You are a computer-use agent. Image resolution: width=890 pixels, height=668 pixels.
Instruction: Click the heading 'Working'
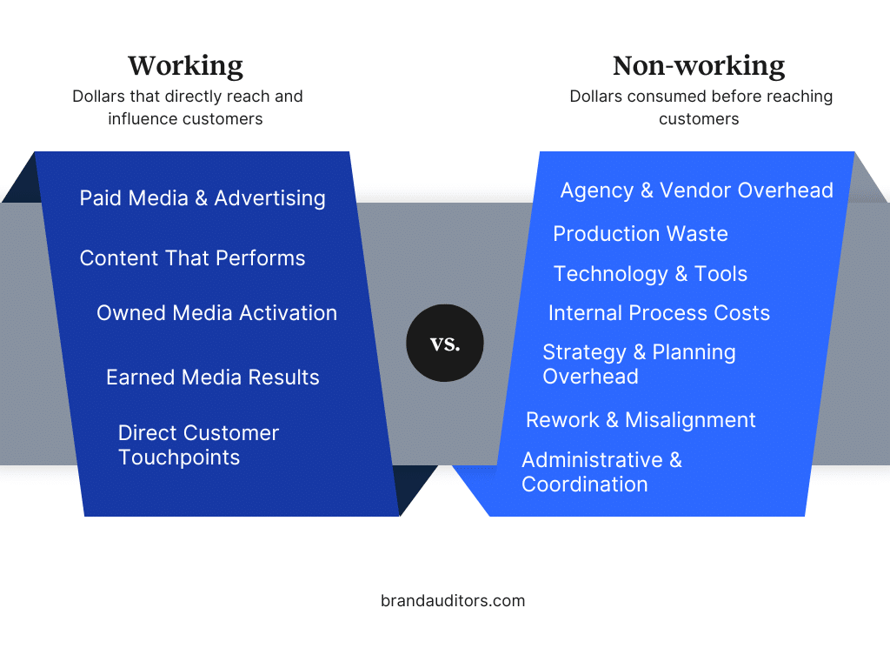(x=186, y=66)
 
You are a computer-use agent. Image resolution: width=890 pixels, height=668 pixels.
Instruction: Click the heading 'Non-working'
(x=699, y=66)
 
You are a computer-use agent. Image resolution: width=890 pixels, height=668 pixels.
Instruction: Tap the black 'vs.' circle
(x=445, y=343)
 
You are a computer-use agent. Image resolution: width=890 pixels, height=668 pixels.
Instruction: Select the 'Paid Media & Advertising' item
(x=203, y=198)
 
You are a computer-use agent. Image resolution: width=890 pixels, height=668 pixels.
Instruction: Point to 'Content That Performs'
(x=192, y=257)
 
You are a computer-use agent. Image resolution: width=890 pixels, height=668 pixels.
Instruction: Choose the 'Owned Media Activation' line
(x=216, y=313)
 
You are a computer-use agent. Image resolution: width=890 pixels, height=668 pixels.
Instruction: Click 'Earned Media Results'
(x=213, y=377)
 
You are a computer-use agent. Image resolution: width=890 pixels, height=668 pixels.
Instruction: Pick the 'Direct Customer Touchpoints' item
(x=199, y=444)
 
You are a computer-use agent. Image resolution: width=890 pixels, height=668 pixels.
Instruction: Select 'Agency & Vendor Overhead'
(x=697, y=190)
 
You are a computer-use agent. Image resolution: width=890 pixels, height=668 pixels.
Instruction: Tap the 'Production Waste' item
(x=641, y=233)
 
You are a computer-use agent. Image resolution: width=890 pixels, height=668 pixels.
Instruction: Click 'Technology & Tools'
(x=650, y=274)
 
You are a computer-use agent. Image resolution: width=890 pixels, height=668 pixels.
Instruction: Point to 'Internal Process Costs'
(x=659, y=313)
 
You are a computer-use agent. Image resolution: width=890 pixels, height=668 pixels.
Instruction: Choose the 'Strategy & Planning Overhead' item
(x=639, y=364)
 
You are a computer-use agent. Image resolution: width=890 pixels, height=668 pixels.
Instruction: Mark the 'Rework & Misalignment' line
(x=641, y=420)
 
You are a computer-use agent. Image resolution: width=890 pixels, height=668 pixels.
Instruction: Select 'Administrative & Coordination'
(x=601, y=472)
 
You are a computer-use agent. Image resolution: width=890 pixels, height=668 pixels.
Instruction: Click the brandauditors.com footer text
(x=453, y=600)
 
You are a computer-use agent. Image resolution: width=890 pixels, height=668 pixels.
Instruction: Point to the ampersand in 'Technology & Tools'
(x=681, y=274)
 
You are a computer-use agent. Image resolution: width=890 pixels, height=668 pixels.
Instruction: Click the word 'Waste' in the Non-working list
(x=697, y=233)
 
